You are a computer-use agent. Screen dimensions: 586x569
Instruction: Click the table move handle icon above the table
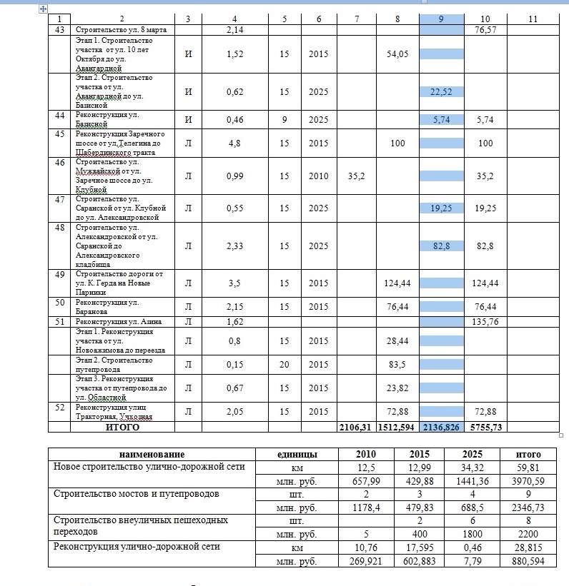coord(44,8)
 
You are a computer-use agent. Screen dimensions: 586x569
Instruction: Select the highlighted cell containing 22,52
coord(441,92)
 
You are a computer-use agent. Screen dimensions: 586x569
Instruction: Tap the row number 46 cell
coord(59,162)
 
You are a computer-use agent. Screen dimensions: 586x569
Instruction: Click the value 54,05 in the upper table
coord(397,54)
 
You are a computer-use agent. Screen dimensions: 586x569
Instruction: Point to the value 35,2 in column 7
coord(355,176)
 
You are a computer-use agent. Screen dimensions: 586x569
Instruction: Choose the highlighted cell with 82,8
coord(441,246)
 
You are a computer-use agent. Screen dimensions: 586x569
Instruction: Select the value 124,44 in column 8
coord(397,283)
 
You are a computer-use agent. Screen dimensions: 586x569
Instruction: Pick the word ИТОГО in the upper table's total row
coord(122,428)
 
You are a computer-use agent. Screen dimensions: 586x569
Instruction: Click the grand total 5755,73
coord(485,428)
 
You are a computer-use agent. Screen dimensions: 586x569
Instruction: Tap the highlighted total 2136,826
coord(441,428)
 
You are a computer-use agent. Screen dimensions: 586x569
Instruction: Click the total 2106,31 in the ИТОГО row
coord(355,428)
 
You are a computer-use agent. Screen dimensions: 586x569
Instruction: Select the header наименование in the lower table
coord(152,454)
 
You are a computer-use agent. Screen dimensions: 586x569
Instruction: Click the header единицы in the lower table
coord(296,454)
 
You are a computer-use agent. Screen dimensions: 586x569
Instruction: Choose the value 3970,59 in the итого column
coord(529,481)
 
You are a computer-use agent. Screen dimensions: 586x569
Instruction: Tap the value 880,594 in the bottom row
coord(529,561)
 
